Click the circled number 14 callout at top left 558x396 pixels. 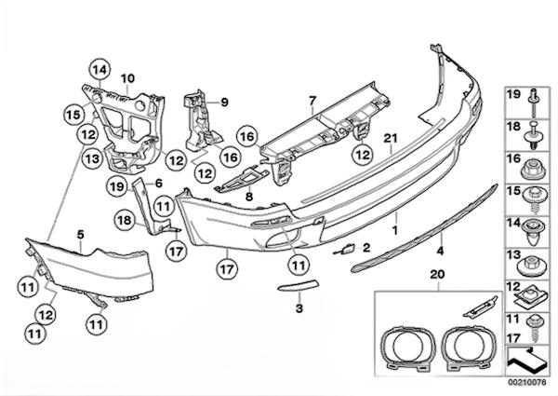(x=100, y=67)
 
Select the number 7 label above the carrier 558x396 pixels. (x=312, y=99)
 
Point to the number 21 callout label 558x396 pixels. (x=391, y=140)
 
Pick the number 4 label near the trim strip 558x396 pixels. (x=440, y=250)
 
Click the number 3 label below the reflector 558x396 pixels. (x=299, y=307)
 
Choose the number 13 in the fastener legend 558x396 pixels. (x=512, y=254)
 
